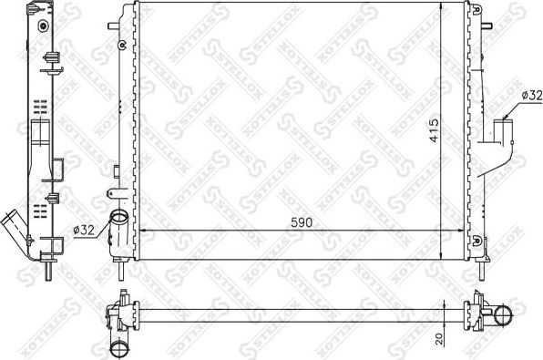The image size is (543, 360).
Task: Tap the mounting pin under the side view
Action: point(56,270)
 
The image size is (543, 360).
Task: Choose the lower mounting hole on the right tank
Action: point(476,239)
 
